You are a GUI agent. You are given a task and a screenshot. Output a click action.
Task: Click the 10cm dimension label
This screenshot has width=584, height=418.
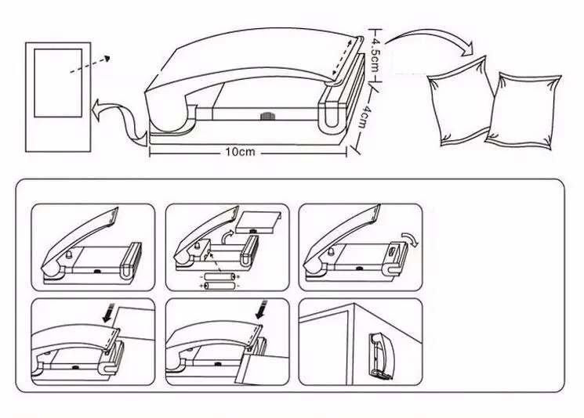[x=240, y=152]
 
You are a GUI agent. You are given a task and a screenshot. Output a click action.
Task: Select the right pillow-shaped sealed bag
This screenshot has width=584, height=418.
[x=524, y=112]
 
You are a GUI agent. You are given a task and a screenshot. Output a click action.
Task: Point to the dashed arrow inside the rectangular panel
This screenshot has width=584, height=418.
[x=89, y=65]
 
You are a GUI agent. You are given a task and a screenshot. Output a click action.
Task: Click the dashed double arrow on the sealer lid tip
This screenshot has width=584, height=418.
[x=341, y=59]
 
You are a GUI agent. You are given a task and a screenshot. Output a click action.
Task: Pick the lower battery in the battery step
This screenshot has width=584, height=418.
[x=219, y=286]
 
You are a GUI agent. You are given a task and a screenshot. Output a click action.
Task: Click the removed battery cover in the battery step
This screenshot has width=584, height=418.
[x=259, y=222]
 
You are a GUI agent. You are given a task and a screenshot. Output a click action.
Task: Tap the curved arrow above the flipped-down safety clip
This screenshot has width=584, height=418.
[x=411, y=239]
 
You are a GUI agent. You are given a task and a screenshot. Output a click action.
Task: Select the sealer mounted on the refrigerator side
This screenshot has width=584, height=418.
[x=380, y=356]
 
